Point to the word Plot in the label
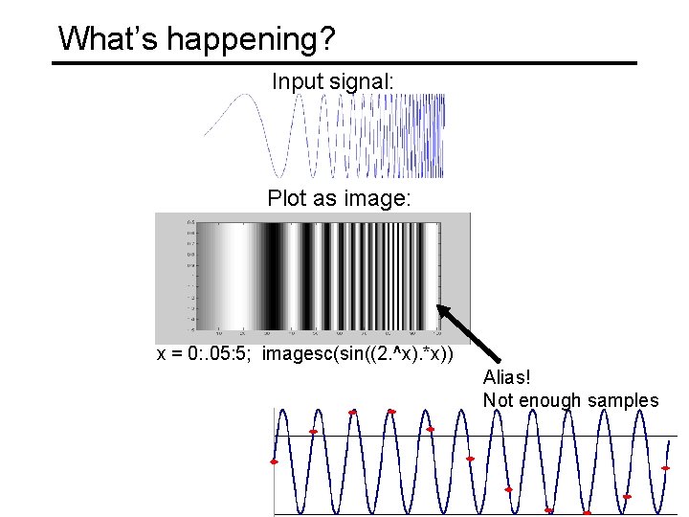(287, 199)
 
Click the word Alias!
(507, 377)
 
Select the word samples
(626, 400)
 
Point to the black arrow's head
(441, 309)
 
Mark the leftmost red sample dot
(274, 461)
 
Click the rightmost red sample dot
(665, 469)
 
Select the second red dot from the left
(313, 432)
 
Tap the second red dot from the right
(627, 496)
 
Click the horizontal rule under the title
(344, 63)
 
